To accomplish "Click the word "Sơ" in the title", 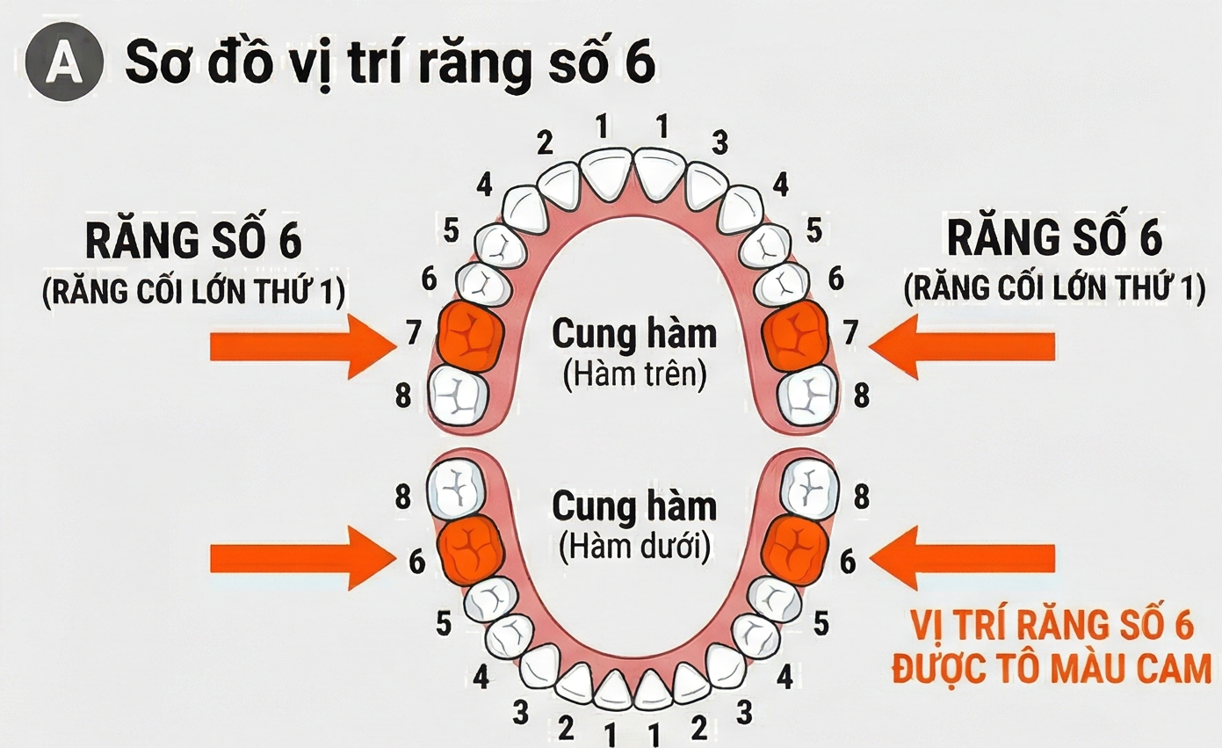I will click(156, 64).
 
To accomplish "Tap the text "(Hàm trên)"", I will click(633, 374).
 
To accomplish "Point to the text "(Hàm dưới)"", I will click(633, 548).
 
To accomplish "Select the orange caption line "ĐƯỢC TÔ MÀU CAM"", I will click(1051, 670).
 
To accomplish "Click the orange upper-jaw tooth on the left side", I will click(470, 335).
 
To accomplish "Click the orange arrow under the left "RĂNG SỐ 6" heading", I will click(299, 346).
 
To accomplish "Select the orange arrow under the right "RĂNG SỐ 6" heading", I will click(963, 346).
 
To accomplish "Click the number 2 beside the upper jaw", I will click(545, 142).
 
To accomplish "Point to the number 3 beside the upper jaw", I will click(720, 142).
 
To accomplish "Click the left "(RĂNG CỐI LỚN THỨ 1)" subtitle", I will click(193, 290).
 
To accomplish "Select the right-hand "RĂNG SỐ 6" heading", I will click(1052, 238).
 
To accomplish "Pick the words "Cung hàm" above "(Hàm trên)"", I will click(633, 334).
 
